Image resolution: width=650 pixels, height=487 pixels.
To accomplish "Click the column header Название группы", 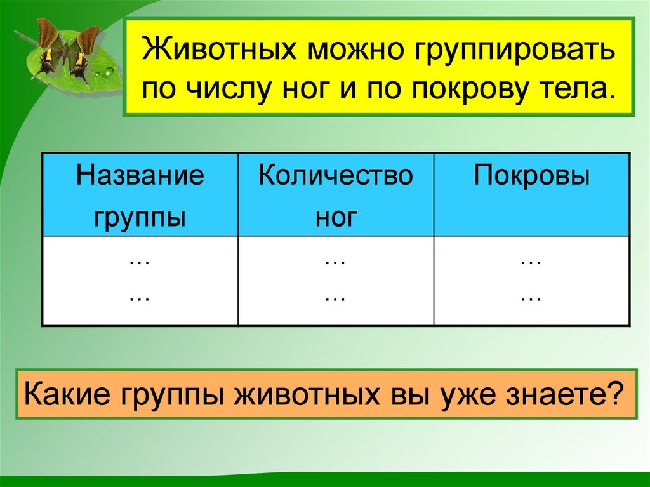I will [140, 195].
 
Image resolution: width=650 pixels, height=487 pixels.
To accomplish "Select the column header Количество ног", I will [336, 195].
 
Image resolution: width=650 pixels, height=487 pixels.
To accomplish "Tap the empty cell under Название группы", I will [140, 280].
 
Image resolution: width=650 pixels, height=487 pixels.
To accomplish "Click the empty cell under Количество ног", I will [336, 280].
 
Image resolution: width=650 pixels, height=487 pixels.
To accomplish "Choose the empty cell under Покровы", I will [531, 280].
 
